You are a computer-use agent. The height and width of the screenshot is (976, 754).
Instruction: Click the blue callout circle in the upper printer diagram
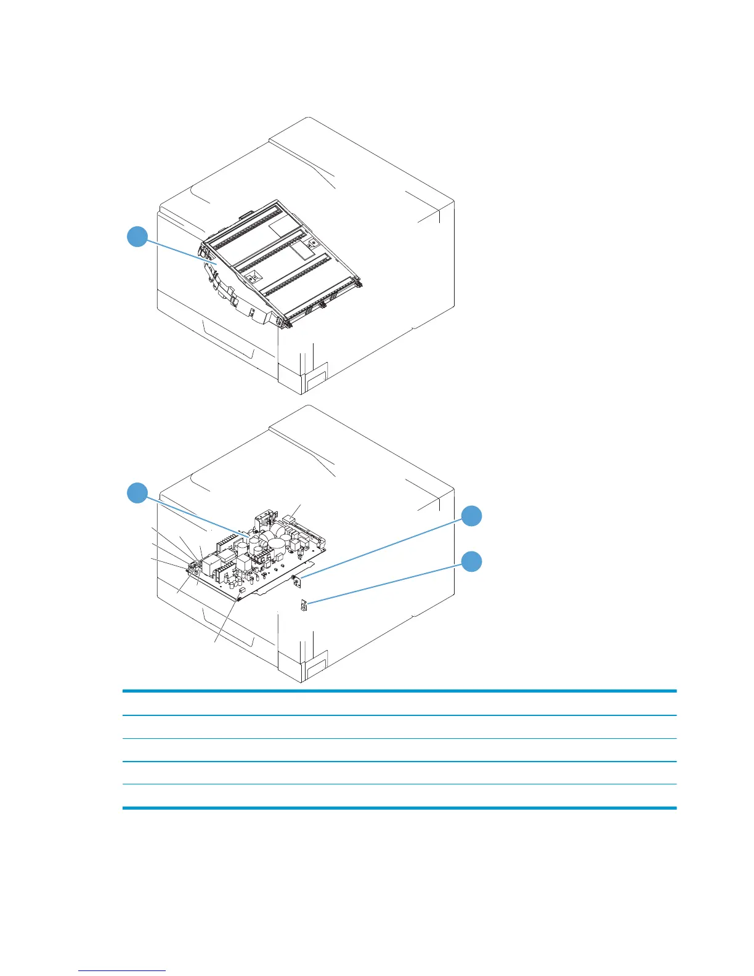[137, 237]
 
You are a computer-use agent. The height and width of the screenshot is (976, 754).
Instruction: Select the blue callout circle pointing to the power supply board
[137, 493]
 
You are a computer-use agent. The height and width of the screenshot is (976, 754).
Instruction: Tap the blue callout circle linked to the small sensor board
[472, 516]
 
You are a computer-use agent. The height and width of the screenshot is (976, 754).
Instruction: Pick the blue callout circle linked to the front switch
[472, 561]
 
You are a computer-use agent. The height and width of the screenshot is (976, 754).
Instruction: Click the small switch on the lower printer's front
[303, 606]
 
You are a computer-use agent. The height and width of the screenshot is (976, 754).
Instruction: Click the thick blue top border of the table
[399, 691]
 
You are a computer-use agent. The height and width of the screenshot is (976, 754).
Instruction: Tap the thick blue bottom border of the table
[399, 807]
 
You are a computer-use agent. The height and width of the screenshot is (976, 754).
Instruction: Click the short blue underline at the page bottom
[122, 970]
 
